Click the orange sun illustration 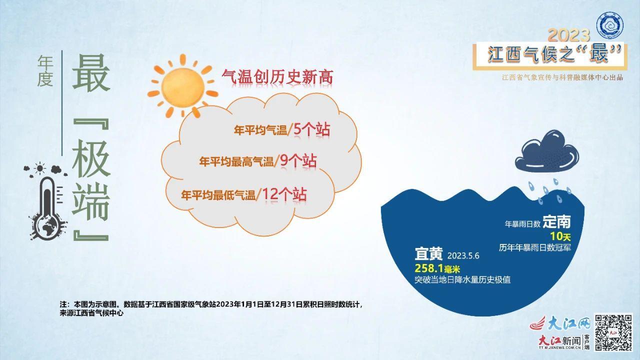[183, 86]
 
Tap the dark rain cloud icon [547, 151]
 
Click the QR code [613, 332]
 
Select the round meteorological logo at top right [609, 25]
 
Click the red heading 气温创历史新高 [277, 77]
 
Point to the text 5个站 [311, 129]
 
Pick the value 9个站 [298, 161]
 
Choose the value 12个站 [284, 194]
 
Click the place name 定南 [556, 221]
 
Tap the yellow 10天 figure [560, 236]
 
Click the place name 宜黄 [428, 253]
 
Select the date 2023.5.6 [463, 255]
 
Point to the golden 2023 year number [569, 35]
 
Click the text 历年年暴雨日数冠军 [535, 247]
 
